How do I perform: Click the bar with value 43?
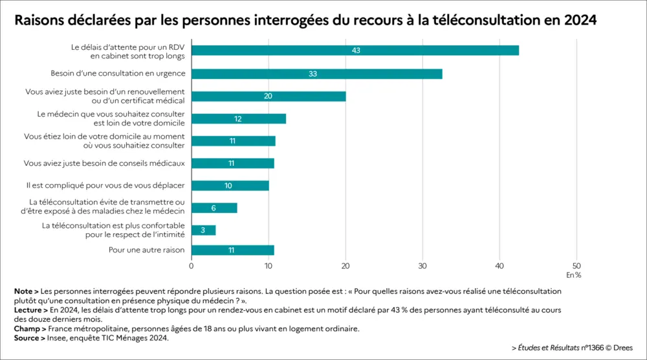[355, 51]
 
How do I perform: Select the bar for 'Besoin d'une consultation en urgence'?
[317, 74]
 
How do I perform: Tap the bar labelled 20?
[269, 96]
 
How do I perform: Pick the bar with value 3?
[203, 231]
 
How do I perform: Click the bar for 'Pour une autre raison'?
[233, 250]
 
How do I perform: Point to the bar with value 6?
[214, 208]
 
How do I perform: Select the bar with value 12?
[239, 118]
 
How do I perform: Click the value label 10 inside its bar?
[229, 186]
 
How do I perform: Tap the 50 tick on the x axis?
[576, 265]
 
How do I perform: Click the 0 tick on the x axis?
[192, 265]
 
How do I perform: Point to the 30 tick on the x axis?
[422, 265]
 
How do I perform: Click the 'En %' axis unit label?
[573, 275]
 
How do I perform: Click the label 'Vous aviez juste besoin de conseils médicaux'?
[104, 163]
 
